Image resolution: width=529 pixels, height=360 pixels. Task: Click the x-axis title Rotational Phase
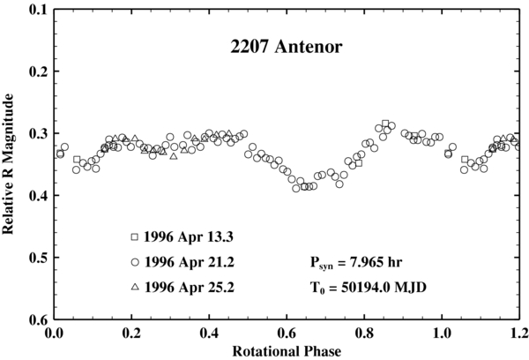(287, 350)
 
